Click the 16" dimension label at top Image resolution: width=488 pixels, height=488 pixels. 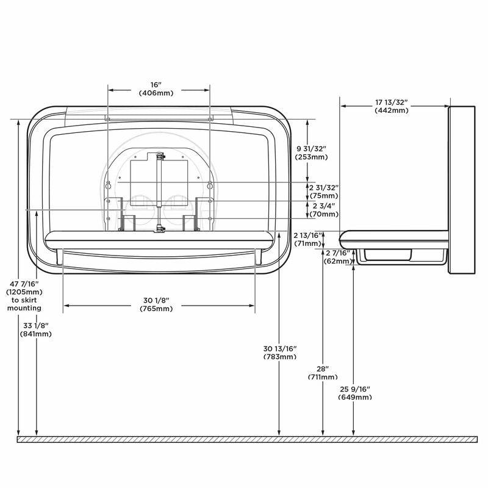pos(159,84)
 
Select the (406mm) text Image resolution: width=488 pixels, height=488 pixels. pos(159,93)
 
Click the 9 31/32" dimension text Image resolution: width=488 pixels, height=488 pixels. pos(312,148)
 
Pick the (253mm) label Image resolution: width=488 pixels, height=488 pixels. pos(312,157)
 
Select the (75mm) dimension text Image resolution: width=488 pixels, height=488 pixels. pos(323,196)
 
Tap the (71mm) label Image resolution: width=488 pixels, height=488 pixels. pos(307,243)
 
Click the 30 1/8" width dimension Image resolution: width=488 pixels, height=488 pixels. pos(157,300)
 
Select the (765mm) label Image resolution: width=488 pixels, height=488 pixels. pos(157,309)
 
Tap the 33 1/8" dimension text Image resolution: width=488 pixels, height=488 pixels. pos(38,325)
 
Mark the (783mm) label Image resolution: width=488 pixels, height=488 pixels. pos(279,356)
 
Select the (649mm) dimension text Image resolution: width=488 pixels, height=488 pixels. pos(354,397)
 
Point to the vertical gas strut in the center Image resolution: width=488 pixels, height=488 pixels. pos(160,192)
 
